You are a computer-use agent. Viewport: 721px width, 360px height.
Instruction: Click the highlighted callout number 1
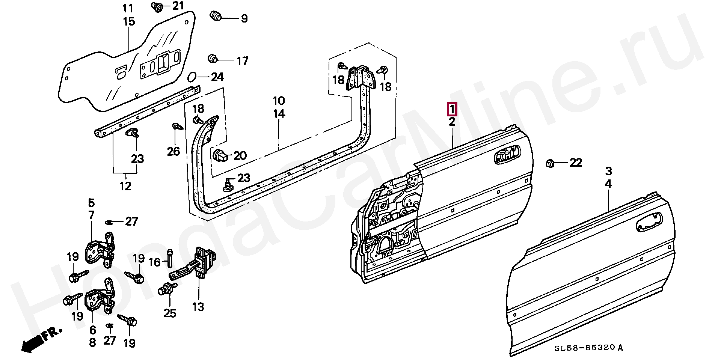coord(452,109)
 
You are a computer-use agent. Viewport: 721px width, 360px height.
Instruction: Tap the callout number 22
coord(576,163)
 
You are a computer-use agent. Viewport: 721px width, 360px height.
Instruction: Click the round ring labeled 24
coord(192,77)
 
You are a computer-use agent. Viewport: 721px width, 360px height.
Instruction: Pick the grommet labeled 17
coord(213,59)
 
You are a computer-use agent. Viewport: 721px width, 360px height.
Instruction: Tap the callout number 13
coord(198,307)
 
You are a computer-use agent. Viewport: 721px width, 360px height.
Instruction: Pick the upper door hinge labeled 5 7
coord(101,249)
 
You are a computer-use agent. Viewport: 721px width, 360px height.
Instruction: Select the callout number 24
coord(217,77)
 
